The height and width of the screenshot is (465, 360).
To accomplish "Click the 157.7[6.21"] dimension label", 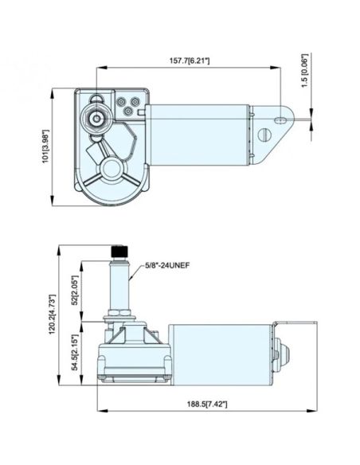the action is [190, 61].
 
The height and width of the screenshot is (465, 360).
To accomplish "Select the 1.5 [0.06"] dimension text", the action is [305, 71].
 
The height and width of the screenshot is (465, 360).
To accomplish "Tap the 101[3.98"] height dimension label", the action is [45, 147].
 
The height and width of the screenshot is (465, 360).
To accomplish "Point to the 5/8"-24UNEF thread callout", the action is [167, 265].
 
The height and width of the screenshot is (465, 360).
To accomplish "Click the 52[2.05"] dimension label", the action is [75, 290].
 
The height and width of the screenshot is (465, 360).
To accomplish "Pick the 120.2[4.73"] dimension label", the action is [53, 315].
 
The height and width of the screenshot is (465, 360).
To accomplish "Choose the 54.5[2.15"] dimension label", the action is [75, 352].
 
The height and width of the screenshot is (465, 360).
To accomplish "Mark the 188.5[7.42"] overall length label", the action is [207, 404].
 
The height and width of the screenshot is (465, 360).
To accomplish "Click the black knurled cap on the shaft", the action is [119, 252].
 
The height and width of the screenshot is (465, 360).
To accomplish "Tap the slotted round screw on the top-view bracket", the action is [264, 135].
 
